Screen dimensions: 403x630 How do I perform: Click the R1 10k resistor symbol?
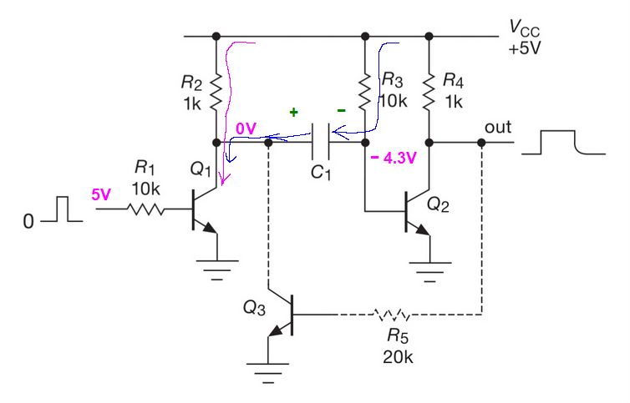pos(146,210)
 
